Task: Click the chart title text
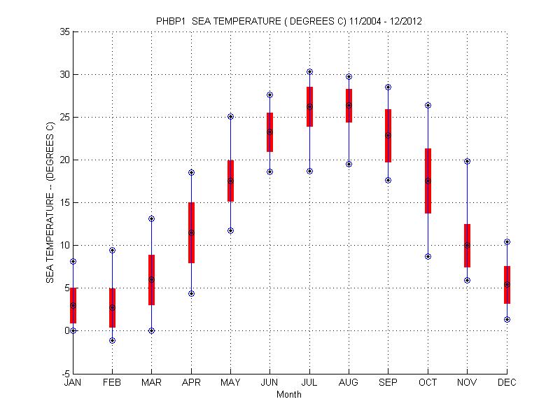click(288, 21)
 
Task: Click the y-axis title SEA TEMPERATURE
click(50, 202)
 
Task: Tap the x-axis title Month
click(288, 395)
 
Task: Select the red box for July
click(309, 106)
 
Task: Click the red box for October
click(428, 181)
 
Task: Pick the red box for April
click(191, 232)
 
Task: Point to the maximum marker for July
click(309, 71)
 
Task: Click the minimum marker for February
click(112, 340)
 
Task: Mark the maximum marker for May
click(230, 116)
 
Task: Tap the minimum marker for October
click(428, 256)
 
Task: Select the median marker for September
click(388, 135)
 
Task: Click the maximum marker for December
click(507, 241)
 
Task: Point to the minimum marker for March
click(151, 330)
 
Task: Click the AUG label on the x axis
click(349, 383)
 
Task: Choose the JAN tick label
click(73, 383)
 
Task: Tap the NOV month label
click(467, 383)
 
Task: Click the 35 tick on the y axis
click(64, 31)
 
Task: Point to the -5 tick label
click(64, 373)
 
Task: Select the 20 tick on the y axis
click(64, 160)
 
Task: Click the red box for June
click(269, 132)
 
